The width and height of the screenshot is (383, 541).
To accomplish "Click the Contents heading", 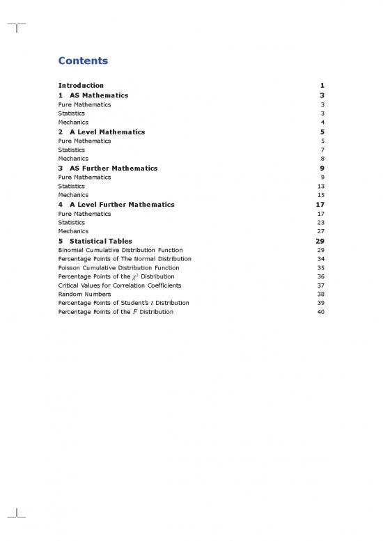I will (x=83, y=61).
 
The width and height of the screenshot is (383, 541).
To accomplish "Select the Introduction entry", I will (x=81, y=86).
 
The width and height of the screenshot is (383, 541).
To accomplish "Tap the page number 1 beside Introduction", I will (x=322, y=86).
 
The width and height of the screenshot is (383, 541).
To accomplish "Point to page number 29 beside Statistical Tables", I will (x=320, y=241).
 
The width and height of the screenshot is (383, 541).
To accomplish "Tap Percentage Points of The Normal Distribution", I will (x=125, y=259).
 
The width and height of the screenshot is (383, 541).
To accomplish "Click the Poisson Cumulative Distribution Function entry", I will (x=118, y=267).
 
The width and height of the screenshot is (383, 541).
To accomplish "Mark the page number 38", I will (x=320, y=294).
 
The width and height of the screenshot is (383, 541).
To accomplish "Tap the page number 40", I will (x=320, y=312).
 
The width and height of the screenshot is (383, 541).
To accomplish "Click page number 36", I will (x=320, y=276).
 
